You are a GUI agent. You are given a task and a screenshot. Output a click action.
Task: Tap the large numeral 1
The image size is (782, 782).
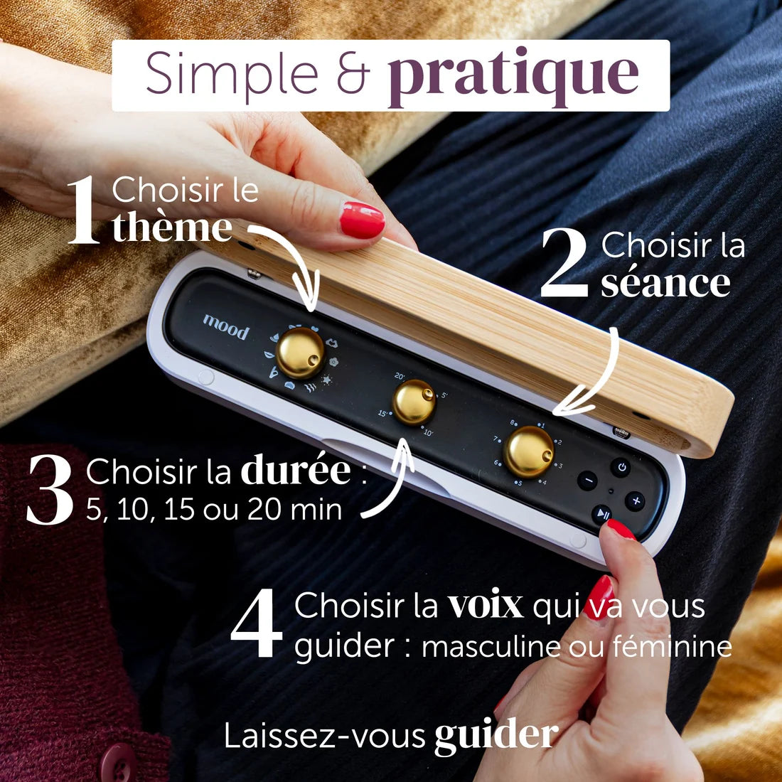(84, 210)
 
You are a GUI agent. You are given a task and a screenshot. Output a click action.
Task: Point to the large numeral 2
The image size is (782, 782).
(564, 263)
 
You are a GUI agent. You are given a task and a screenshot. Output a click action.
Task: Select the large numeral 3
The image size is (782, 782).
(50, 489)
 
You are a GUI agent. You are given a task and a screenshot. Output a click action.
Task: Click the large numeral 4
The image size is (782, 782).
(256, 623)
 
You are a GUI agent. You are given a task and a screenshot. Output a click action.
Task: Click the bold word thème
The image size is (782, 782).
(172, 227)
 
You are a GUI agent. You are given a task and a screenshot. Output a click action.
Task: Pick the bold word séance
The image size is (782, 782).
(665, 283)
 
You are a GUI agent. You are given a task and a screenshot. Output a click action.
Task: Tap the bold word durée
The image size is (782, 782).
(296, 468)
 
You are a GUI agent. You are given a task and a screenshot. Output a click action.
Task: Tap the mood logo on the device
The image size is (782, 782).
(226, 327)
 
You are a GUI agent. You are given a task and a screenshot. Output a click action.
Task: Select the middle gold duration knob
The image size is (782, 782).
(414, 402)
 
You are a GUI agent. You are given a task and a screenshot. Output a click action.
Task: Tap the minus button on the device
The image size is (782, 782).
(587, 481)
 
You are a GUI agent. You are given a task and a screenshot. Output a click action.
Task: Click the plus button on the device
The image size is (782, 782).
(636, 501)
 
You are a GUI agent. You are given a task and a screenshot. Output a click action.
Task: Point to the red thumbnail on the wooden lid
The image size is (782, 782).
(362, 220)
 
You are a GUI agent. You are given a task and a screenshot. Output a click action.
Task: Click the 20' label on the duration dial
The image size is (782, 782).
(400, 377)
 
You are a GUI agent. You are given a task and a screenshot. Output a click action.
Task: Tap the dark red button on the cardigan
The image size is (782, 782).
(118, 763)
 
